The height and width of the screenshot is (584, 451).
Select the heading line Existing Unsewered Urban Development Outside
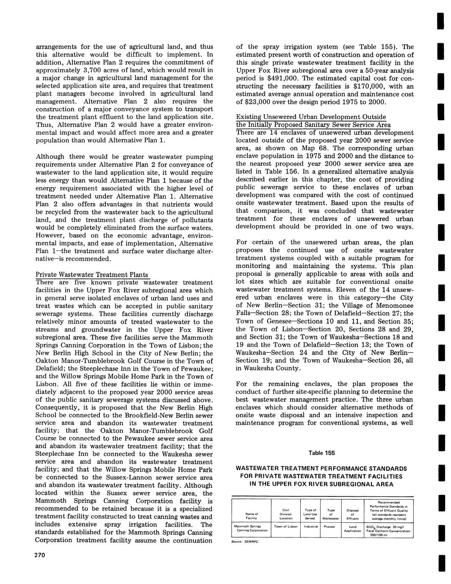(x=311, y=117)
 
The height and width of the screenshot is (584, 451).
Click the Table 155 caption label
(x=321, y=453)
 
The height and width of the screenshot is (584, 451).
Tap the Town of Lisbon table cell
(x=286, y=526)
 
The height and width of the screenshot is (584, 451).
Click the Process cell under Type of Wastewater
(x=329, y=526)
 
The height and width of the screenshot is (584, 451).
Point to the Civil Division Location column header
(x=286, y=514)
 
